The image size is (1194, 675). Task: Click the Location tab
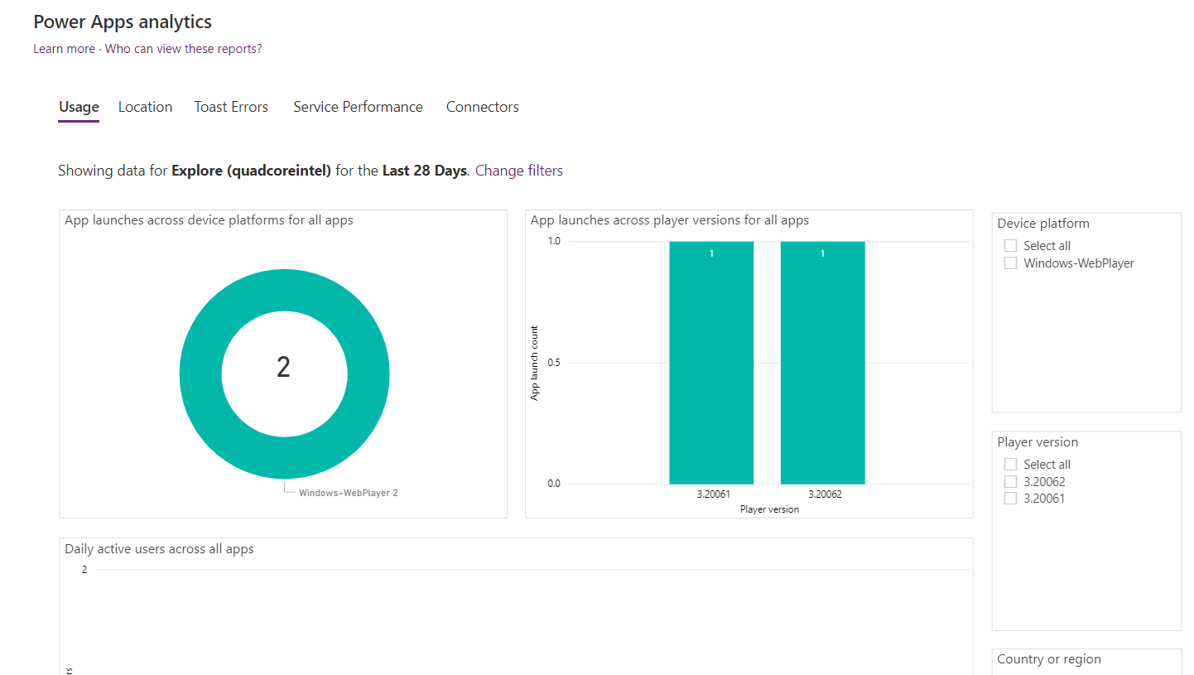pos(145,107)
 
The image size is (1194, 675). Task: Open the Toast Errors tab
pos(231,107)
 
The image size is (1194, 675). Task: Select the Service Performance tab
pos(358,107)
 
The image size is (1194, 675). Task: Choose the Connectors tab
pos(482,107)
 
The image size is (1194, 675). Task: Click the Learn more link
pos(64,49)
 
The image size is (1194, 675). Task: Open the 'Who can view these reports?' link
pos(183,49)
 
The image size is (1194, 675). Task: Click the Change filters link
pos(518,171)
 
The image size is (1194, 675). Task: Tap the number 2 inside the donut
pos(283,367)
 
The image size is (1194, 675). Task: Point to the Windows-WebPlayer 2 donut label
pos(348,493)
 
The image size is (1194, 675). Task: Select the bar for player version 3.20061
pos(711,364)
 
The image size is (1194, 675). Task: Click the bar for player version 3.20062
pos(822,364)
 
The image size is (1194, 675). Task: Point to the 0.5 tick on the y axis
pos(553,363)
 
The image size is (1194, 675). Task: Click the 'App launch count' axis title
pos(535,363)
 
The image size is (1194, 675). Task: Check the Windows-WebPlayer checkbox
pos(1010,263)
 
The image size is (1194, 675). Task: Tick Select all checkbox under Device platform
pos(1010,246)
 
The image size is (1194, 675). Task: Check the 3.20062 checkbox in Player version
pos(1010,482)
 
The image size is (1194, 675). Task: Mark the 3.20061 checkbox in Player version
pos(1010,499)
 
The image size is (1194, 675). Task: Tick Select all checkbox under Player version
pos(1010,465)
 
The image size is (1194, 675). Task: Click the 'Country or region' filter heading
pos(1048,659)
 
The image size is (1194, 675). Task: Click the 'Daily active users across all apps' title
pos(159,549)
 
